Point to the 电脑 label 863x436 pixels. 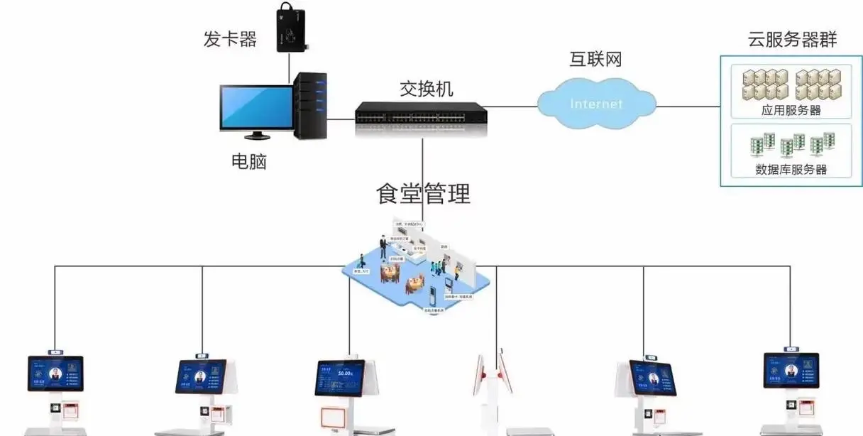(248, 162)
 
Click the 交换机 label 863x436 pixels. (427, 89)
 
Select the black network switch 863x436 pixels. (422, 112)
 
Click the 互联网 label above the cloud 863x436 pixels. (595, 59)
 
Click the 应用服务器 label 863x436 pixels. (791, 110)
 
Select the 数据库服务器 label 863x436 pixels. (791, 170)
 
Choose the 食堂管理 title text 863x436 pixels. (423, 194)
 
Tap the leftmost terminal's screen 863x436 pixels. (55, 374)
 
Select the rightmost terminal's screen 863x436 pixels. (791, 371)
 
